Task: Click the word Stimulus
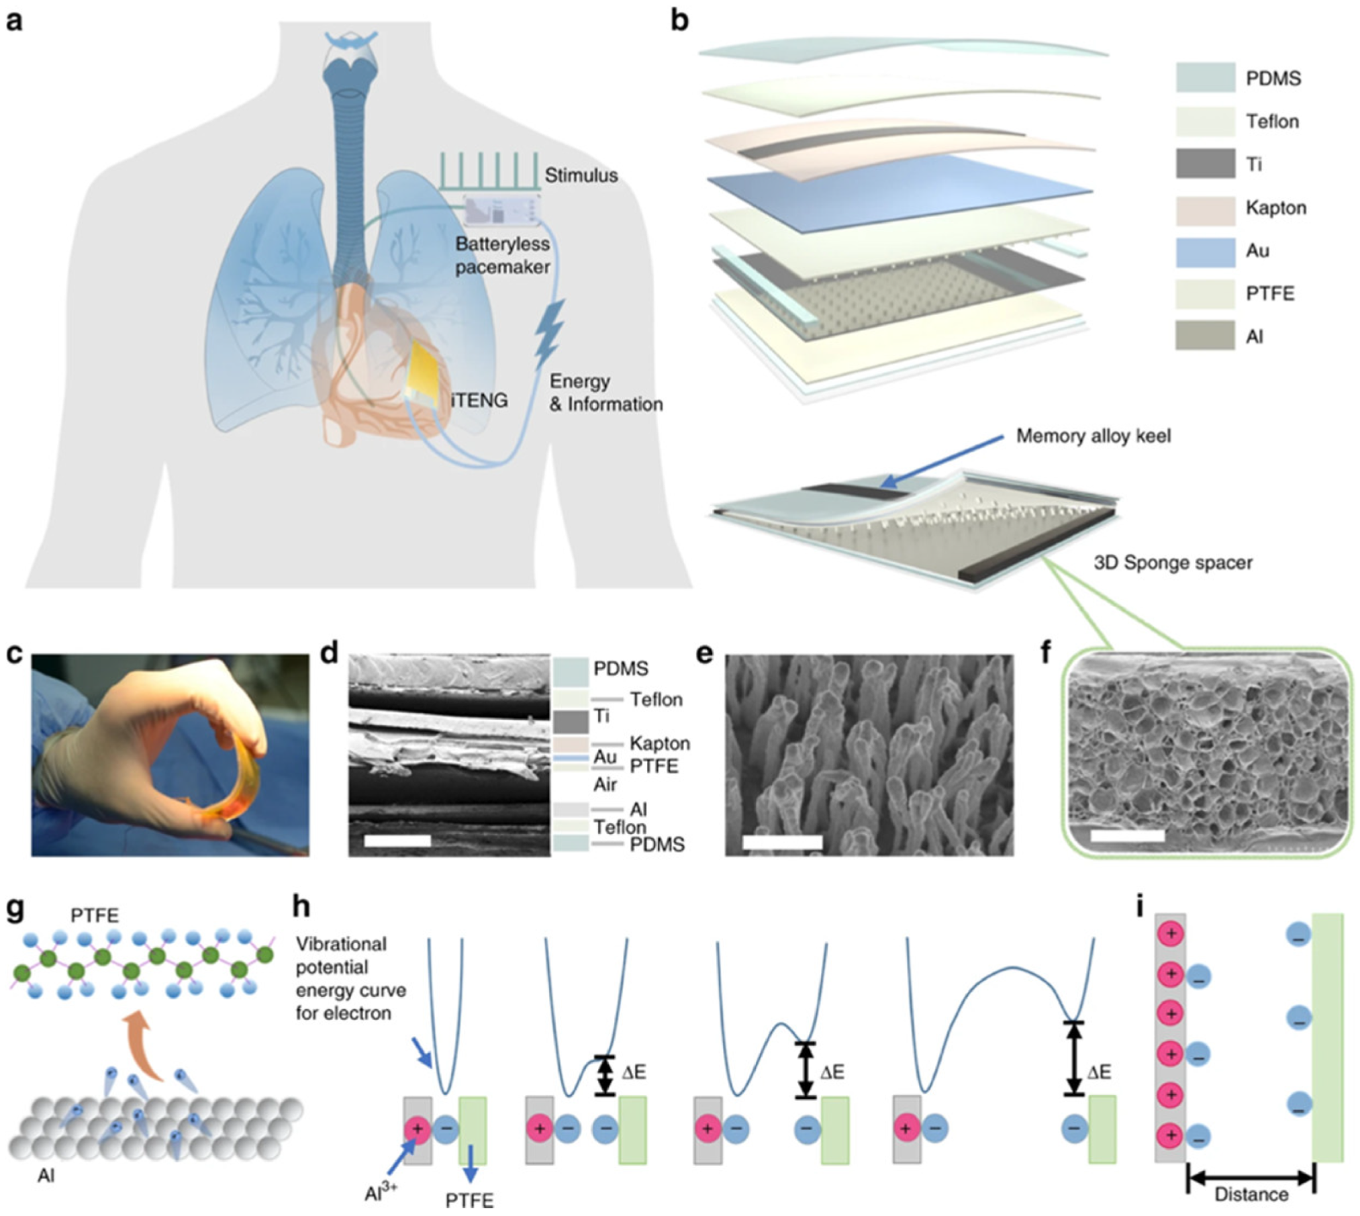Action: pyautogui.click(x=581, y=176)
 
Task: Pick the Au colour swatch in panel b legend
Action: pyautogui.click(x=1205, y=251)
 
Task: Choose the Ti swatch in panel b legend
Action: pyautogui.click(x=1205, y=165)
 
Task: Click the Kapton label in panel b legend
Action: pyautogui.click(x=1275, y=208)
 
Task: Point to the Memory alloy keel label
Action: pyautogui.click(x=1093, y=436)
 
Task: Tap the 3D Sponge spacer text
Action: pyautogui.click(x=1173, y=563)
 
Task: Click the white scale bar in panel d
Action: pyautogui.click(x=397, y=841)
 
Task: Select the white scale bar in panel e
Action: pyautogui.click(x=782, y=842)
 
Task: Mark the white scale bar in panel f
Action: pyautogui.click(x=1128, y=836)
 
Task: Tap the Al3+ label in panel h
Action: pyautogui.click(x=381, y=1193)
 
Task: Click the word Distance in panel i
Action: pyautogui.click(x=1251, y=1195)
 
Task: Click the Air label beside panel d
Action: pyautogui.click(x=605, y=784)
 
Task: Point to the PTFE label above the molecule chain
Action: pyautogui.click(x=95, y=915)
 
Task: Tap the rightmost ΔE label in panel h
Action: pyautogui.click(x=1099, y=1072)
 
